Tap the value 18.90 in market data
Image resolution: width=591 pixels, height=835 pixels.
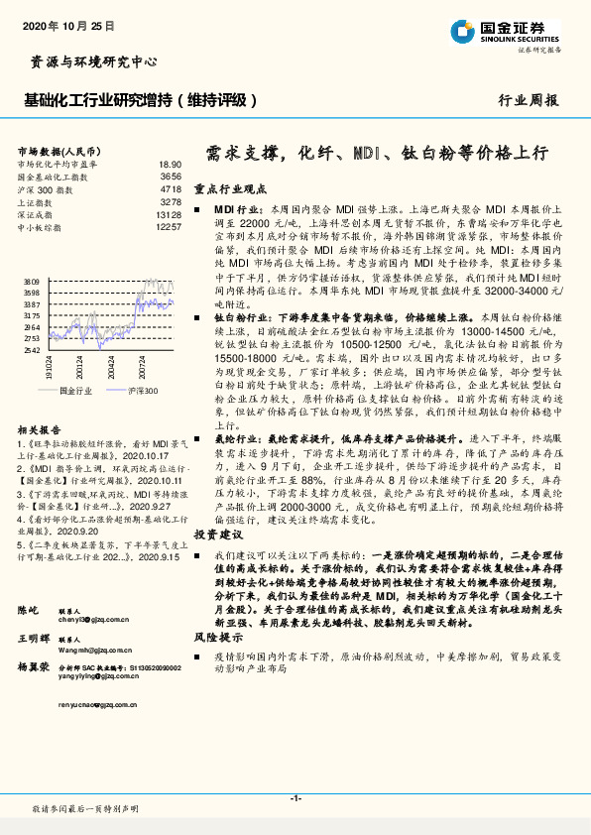pos(170,164)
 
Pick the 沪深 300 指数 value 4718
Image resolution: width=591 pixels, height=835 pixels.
pos(171,187)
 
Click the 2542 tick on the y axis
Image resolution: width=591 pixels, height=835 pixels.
pos(29,350)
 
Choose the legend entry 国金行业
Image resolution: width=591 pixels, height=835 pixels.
pos(76,391)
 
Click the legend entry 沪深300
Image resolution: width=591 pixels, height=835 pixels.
pos(143,391)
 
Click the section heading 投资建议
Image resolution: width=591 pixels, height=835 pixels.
pos(217,561)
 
